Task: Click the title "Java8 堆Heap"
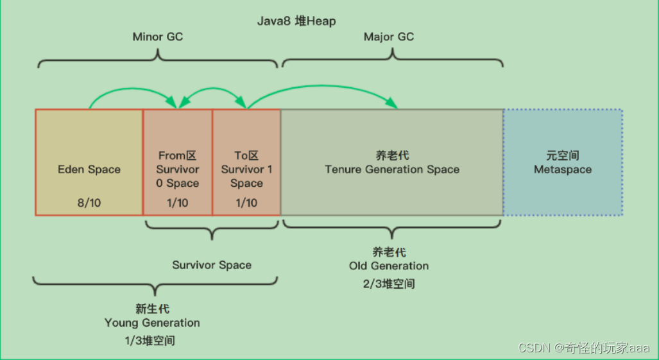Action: coord(296,21)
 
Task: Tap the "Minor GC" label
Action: coord(157,37)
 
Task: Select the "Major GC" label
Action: coord(388,37)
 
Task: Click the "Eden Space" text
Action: coord(89,169)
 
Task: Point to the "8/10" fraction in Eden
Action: coord(89,202)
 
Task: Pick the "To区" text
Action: coord(246,156)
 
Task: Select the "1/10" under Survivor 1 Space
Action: coord(246,202)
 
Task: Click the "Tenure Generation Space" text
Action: coord(391,169)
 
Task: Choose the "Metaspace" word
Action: coord(562,169)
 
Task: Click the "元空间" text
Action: coord(562,156)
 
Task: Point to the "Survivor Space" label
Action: coord(212,264)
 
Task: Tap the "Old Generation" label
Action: coord(389,266)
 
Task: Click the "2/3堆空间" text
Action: coord(389,283)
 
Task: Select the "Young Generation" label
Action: coord(152,323)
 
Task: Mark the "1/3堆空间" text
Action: coord(150,340)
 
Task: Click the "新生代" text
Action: coord(153,309)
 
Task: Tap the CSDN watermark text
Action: coord(584,347)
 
